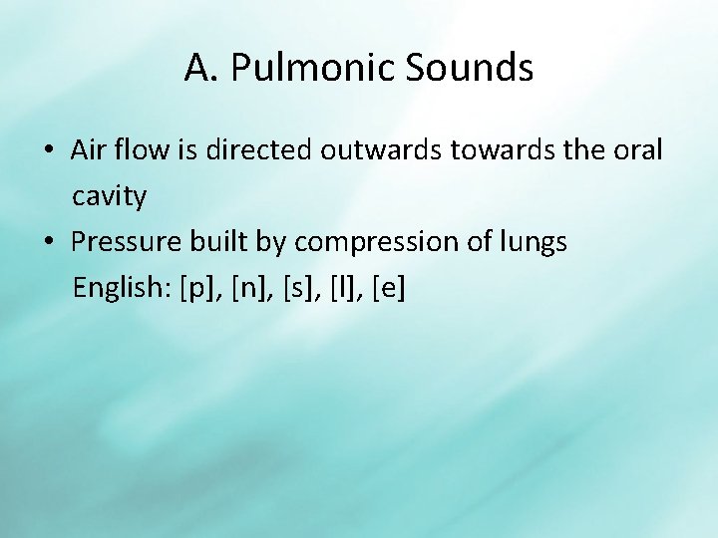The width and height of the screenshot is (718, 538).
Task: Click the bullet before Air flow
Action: click(x=48, y=150)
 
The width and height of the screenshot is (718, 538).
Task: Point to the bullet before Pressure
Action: click(x=48, y=242)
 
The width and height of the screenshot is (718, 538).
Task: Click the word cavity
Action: click(x=109, y=197)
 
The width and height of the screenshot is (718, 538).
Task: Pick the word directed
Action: click(x=269, y=150)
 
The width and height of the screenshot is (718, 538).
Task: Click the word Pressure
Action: click(x=125, y=242)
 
